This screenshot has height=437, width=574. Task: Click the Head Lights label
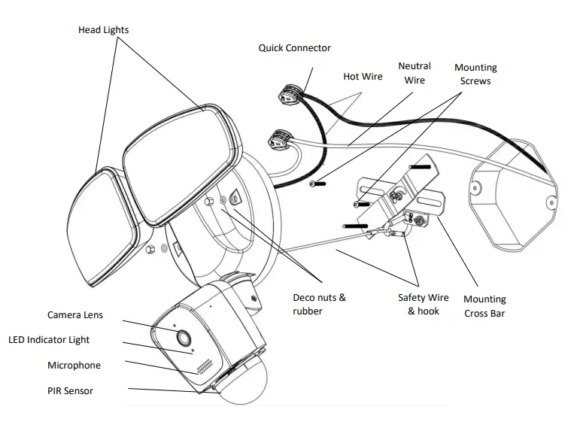[x=103, y=30]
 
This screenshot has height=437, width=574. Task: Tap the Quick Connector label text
[x=294, y=48]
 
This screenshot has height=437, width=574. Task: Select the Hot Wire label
[x=363, y=76]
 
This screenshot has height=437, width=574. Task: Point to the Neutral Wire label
[x=414, y=74]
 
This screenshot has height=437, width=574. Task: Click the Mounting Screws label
[x=475, y=74]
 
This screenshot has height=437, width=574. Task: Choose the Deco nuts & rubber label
[x=319, y=304]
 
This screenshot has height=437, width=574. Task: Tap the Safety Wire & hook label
[x=423, y=305]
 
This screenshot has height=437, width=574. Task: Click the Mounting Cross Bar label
[x=484, y=306]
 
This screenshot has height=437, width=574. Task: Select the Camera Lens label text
[x=75, y=315]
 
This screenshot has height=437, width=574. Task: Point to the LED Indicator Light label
[x=49, y=340]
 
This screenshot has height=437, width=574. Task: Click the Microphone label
[x=74, y=366]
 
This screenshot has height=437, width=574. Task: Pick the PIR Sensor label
[x=70, y=390]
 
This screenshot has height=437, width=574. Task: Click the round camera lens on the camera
[x=181, y=336]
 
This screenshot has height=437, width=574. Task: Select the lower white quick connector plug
[x=281, y=138]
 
